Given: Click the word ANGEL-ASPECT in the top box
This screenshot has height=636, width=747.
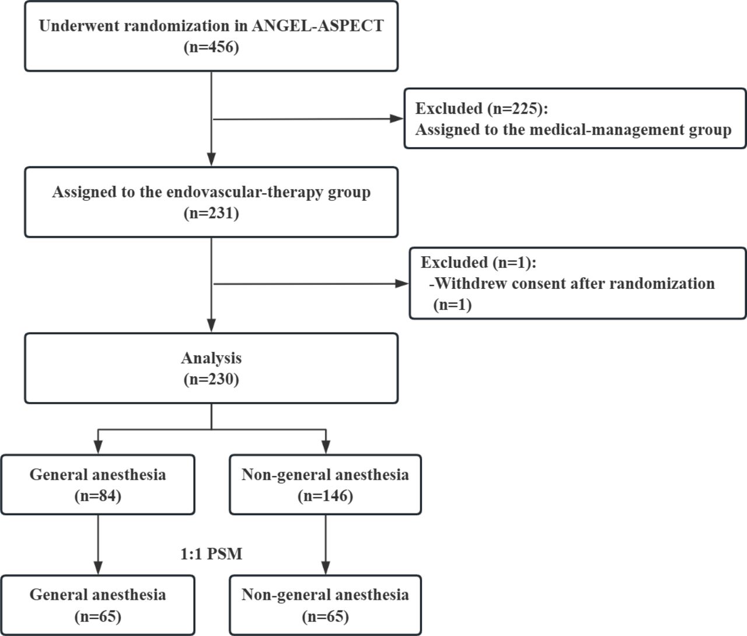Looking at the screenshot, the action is [x=317, y=26].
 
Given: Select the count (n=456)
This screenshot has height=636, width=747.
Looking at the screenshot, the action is [x=211, y=47].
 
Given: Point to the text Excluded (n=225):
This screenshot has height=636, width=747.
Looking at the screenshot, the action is [x=481, y=109].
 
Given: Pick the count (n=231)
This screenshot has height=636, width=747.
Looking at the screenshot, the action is [x=211, y=213].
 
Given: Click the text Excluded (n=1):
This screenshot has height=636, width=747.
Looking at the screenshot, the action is [x=479, y=263].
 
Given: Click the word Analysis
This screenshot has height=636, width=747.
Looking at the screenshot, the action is [x=211, y=358].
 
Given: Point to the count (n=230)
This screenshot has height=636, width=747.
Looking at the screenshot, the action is [x=211, y=379].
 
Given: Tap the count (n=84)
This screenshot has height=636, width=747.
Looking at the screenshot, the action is [x=98, y=496].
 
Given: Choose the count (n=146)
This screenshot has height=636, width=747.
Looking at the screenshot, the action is [x=325, y=496].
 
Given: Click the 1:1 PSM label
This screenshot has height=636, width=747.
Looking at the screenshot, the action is [x=211, y=554].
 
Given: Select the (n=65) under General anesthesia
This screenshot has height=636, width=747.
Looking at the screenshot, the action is [x=98, y=617].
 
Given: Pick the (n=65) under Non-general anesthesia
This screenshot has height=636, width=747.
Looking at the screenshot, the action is [x=325, y=617].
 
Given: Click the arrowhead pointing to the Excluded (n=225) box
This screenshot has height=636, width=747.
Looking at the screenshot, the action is [x=397, y=118].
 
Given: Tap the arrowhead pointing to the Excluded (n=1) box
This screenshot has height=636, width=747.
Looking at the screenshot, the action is [x=402, y=284].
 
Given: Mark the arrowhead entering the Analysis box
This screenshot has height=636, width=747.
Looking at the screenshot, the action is [x=211, y=325].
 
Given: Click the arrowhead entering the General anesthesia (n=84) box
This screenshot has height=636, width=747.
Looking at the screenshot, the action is [x=98, y=447].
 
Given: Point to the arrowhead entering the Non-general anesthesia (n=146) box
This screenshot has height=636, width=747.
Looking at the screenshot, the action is [x=326, y=447].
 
